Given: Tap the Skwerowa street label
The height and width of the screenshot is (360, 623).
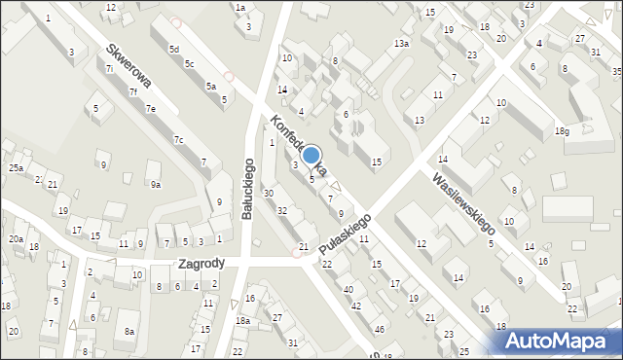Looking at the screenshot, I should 128,66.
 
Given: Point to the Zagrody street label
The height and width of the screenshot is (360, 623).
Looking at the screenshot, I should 202,263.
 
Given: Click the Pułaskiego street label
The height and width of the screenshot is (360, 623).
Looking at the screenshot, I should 346,235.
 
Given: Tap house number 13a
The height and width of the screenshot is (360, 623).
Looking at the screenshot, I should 401,44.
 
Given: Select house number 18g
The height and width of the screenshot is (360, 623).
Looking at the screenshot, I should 561,131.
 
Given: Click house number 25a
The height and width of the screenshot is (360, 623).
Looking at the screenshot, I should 17,168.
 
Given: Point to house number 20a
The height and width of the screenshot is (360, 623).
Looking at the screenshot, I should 17,238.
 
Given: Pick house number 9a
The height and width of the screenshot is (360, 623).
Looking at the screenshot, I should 154,184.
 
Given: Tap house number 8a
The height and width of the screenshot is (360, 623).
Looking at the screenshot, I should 129,331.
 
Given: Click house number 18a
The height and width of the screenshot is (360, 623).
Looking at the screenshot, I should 242,320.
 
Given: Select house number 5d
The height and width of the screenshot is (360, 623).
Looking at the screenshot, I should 173,49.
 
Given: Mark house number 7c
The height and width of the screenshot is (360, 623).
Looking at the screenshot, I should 178,140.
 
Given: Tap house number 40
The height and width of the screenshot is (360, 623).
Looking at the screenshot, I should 348,289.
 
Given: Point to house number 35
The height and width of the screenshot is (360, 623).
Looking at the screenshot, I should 617,72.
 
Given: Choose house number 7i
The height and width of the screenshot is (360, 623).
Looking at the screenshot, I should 109,68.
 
